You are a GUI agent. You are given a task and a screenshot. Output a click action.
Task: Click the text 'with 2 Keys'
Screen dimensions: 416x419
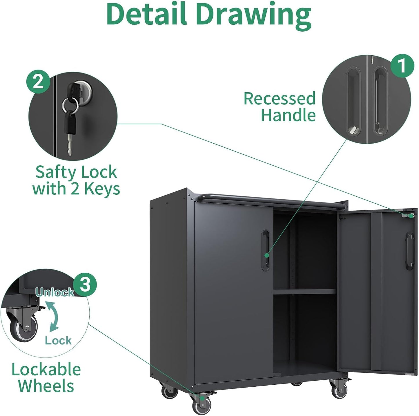(x=76, y=189)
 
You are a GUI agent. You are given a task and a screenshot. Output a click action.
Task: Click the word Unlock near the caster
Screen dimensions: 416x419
(x=55, y=292)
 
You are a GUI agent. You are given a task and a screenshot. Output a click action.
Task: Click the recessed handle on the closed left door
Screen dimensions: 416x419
(x=265, y=250)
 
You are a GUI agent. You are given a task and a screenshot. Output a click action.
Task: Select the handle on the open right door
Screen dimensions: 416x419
(x=409, y=251)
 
